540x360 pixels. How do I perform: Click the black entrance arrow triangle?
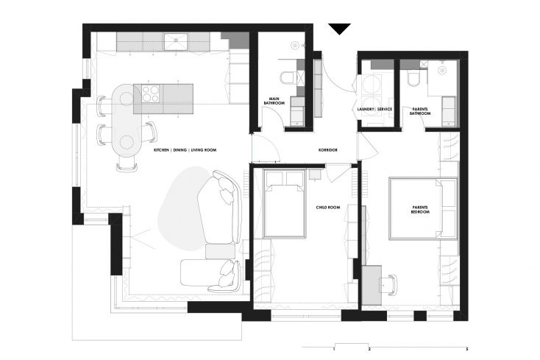[x=340, y=29]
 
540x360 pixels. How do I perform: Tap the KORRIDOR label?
[x=327, y=149]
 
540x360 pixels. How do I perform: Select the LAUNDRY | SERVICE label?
[x=374, y=109]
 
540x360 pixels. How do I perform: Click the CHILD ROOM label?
[x=327, y=208]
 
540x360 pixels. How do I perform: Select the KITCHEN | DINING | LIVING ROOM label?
[x=187, y=149]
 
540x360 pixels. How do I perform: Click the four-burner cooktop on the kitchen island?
[x=151, y=93]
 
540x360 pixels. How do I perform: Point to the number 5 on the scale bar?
[x=467, y=350]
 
